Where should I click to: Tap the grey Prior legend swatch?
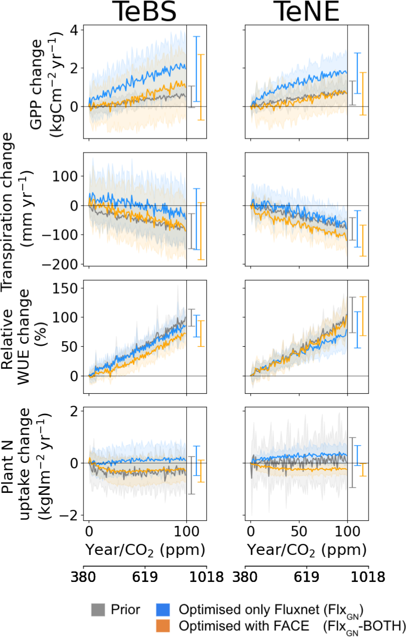point(98,609)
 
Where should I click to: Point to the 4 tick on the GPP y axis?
point(74,30)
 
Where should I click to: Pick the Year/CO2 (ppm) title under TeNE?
point(306,550)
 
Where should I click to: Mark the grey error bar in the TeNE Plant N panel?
point(352,462)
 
